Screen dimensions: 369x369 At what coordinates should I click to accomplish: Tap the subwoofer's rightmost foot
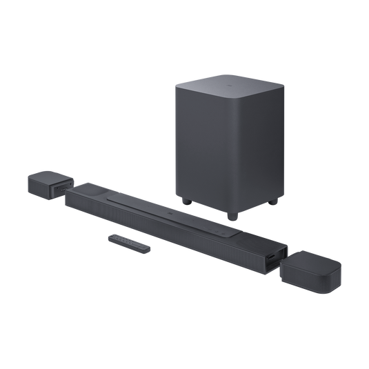(276, 202)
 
